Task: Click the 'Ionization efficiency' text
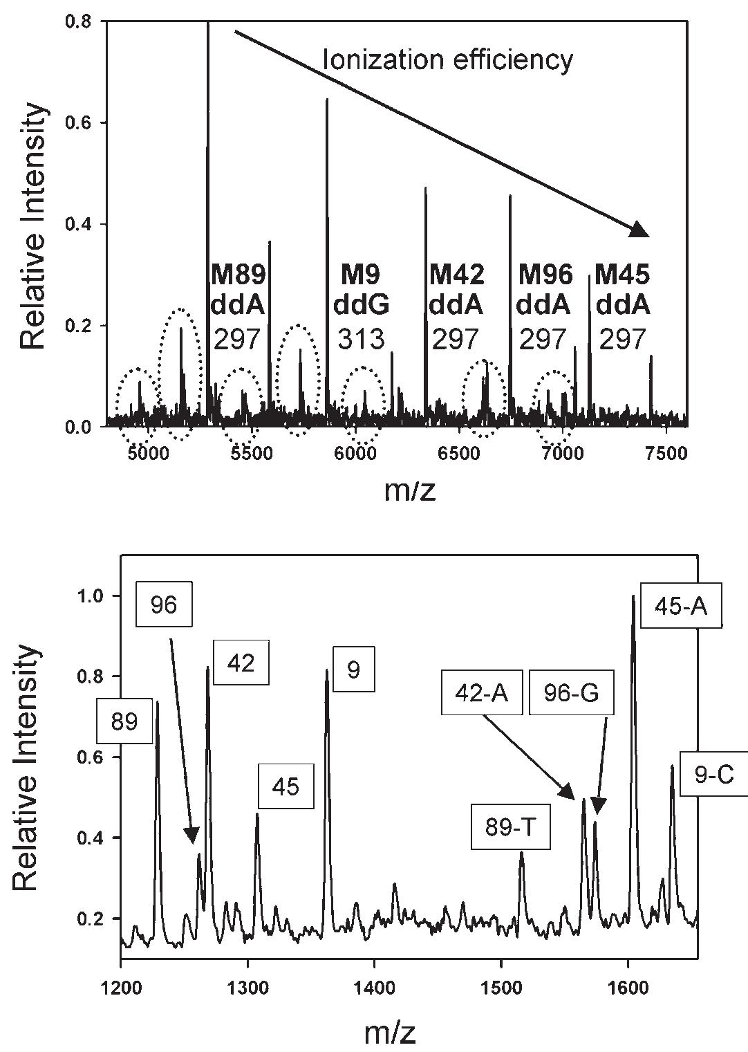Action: pyautogui.click(x=448, y=60)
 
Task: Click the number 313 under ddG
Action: pyautogui.click(x=361, y=339)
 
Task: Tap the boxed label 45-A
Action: pyautogui.click(x=681, y=606)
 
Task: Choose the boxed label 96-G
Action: pyautogui.click(x=572, y=692)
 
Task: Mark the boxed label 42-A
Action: pyautogui.click(x=483, y=692)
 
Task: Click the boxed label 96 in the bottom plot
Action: pyautogui.click(x=163, y=605)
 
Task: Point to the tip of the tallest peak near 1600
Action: pyautogui.click(x=633, y=596)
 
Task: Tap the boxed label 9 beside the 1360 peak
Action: pyautogui.click(x=353, y=670)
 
